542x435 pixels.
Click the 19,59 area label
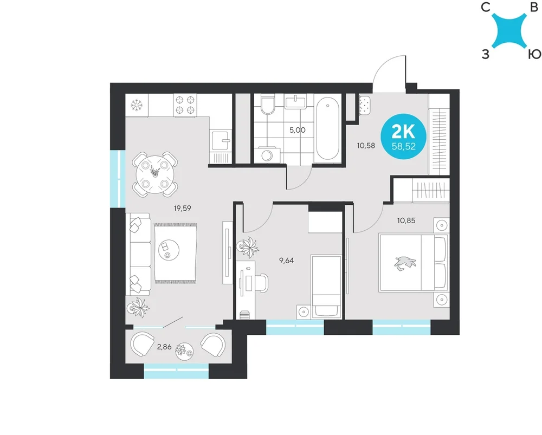click(x=182, y=209)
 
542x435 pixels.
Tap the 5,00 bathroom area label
click(x=297, y=130)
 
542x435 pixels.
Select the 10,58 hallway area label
click(x=366, y=146)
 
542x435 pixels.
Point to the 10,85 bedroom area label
click(x=406, y=220)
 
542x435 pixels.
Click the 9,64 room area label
click(x=286, y=261)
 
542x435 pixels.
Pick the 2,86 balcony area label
click(x=164, y=347)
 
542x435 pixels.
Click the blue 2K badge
click(x=403, y=137)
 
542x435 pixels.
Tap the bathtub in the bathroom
click(x=327, y=128)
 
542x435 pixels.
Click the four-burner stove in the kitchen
click(x=185, y=105)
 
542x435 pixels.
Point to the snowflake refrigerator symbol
click(x=137, y=105)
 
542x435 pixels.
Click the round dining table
click(x=155, y=175)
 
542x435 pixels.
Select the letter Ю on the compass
click(x=534, y=54)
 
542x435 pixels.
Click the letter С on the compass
click(x=486, y=7)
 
